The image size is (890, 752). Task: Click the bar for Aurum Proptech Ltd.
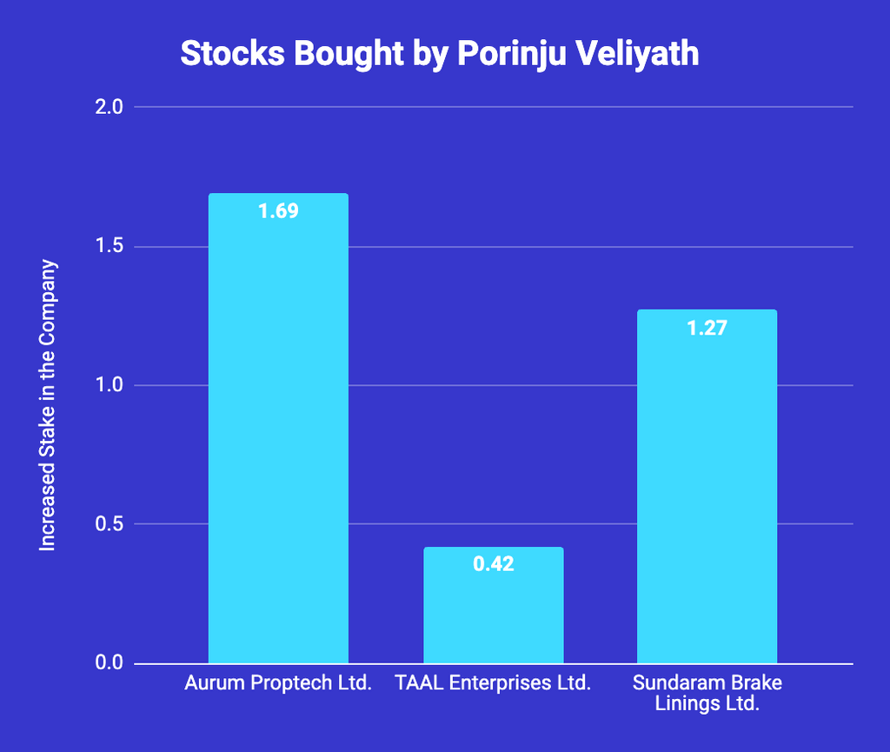pos(278,435)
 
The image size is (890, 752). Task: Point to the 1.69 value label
pos(278,210)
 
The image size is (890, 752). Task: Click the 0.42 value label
pos(493,564)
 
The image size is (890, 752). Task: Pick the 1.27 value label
pos(707,329)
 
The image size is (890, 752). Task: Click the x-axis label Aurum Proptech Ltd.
pos(278,683)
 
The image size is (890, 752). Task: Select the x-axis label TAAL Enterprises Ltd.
pos(493,683)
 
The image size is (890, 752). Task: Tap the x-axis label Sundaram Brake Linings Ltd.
pos(707,693)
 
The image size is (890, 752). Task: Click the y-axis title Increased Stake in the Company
pos(48,404)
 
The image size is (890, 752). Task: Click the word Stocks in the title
pos(232,54)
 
